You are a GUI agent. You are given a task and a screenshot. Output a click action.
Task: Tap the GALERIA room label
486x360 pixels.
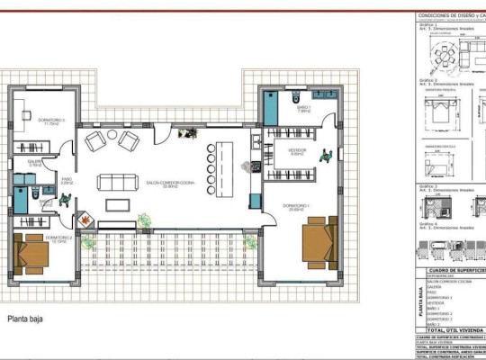pyautogui.click(x=36, y=163)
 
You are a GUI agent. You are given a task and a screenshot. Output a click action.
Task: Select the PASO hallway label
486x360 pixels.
pyautogui.click(x=67, y=180)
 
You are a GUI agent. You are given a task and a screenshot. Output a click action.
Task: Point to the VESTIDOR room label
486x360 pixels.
pyautogui.click(x=297, y=151)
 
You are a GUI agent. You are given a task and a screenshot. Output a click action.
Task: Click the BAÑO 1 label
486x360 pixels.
pyautogui.click(x=303, y=109)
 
